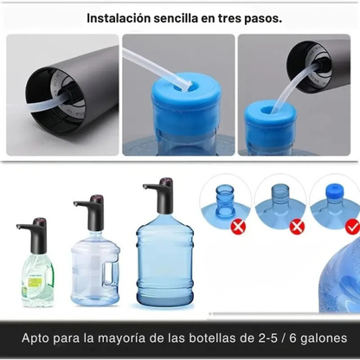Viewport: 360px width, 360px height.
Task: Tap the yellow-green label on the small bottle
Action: click(x=35, y=282)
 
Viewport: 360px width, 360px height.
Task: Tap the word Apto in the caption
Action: click(x=39, y=337)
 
